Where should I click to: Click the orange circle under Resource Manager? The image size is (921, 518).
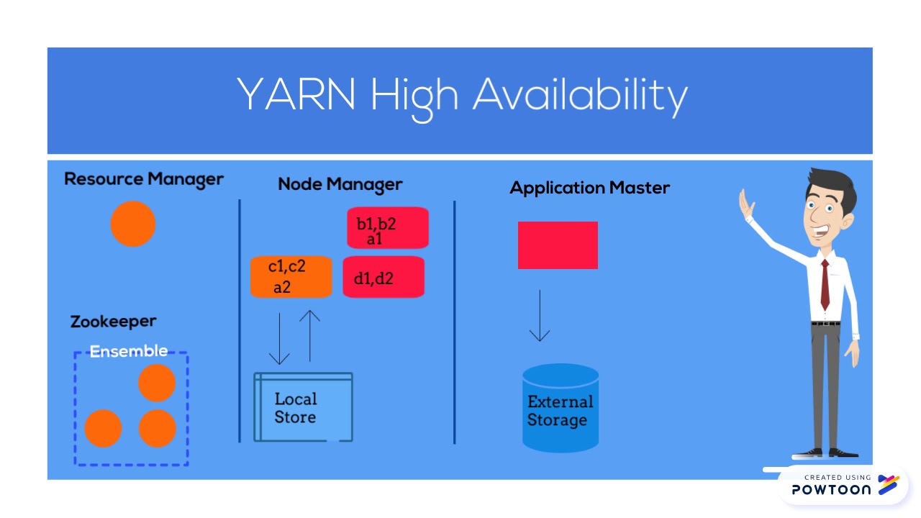(x=133, y=224)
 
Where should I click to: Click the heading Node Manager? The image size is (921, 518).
(x=340, y=184)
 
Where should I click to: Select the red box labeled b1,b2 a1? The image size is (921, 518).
(x=388, y=228)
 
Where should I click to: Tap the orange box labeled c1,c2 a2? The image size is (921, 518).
(x=291, y=276)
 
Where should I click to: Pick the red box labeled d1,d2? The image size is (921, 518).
(x=384, y=277)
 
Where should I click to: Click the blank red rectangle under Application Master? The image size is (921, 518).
(x=558, y=245)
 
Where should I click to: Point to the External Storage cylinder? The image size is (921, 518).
(x=561, y=409)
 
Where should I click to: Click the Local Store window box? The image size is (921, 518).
(x=303, y=407)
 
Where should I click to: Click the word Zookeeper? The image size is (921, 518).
(x=113, y=322)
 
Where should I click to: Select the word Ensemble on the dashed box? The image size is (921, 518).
(x=129, y=351)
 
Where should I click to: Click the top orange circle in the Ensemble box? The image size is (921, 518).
(x=157, y=383)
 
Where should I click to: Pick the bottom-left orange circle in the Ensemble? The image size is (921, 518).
(x=103, y=428)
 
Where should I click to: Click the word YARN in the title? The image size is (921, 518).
(x=296, y=95)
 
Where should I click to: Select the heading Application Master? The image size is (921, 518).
(x=589, y=188)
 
